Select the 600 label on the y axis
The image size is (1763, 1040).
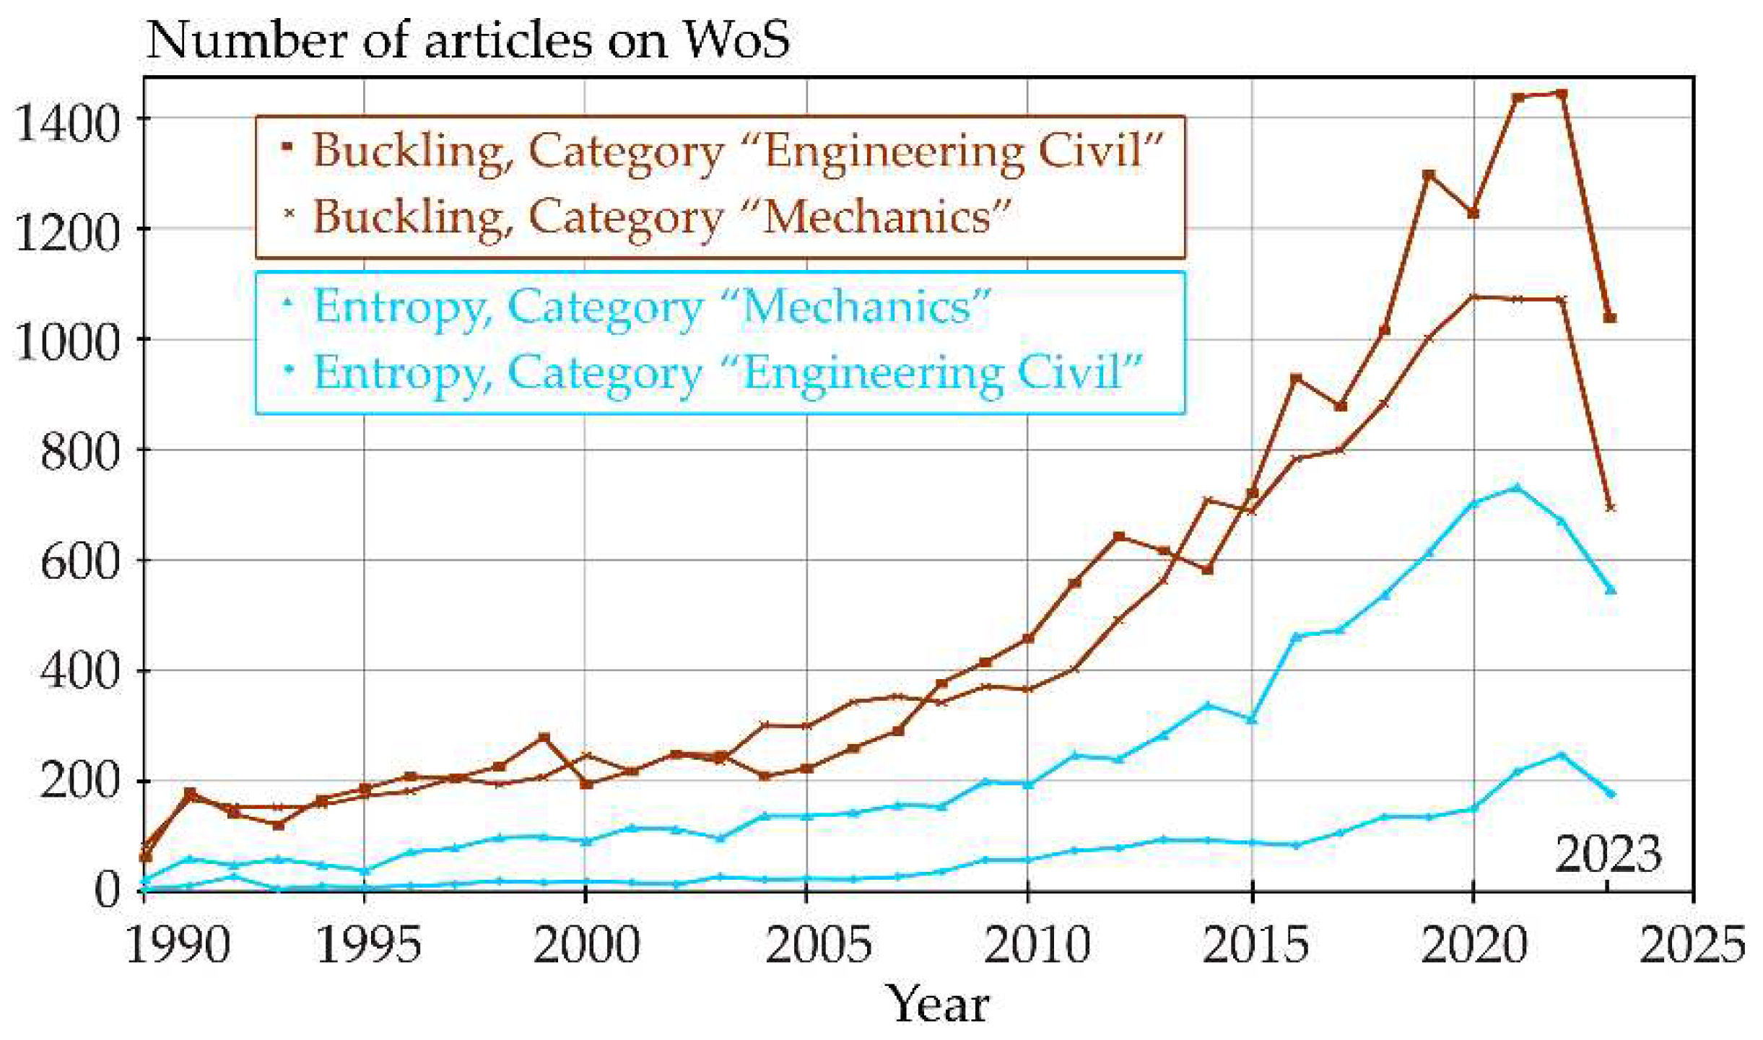[78, 562]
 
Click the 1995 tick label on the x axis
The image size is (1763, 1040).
[367, 943]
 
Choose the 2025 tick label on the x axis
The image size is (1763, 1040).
[1692, 943]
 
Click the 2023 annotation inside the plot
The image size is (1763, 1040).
[1607, 855]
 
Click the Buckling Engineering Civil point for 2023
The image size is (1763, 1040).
[1609, 318]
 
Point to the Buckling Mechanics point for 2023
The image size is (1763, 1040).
[1609, 508]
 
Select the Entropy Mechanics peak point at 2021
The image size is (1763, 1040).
[1517, 488]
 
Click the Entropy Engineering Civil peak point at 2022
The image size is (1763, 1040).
[1562, 755]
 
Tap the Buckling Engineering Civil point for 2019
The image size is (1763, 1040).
[1428, 175]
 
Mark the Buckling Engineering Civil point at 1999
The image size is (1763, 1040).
[544, 738]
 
